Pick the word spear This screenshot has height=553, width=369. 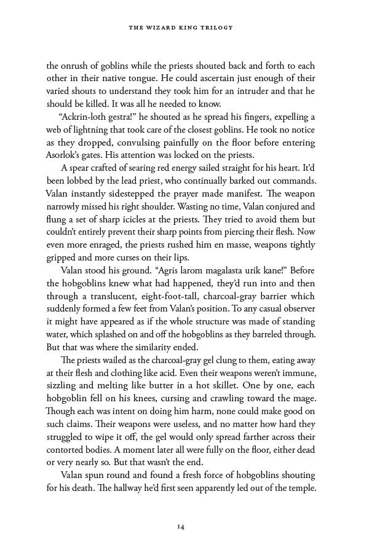[x=81, y=168]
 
